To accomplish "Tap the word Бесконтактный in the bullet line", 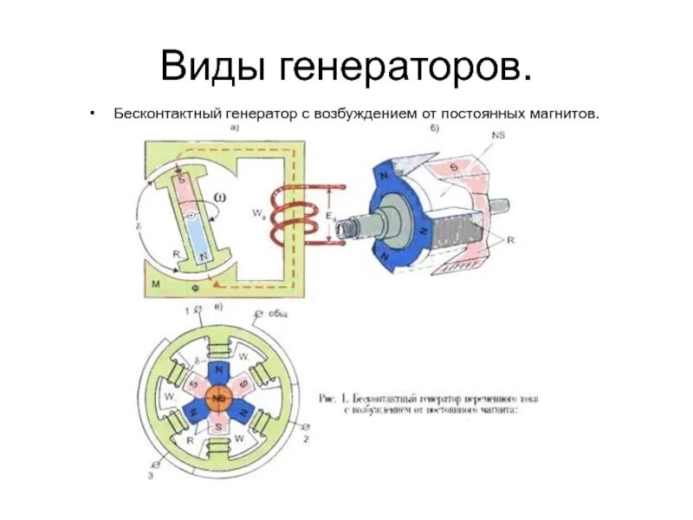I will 166,114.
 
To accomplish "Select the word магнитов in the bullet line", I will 554,114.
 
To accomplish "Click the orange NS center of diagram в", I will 218,398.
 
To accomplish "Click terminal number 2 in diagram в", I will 306,439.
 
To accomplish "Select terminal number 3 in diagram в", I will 152,475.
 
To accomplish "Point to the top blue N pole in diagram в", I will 218,370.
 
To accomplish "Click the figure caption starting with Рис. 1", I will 428,405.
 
